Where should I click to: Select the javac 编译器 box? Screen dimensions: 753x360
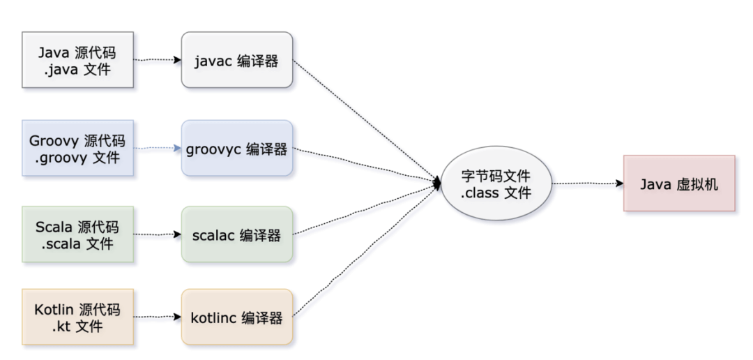click(236, 60)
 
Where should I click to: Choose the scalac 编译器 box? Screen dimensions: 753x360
click(236, 235)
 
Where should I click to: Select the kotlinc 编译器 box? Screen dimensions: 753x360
click(236, 317)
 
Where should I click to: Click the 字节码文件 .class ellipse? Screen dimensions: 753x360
click(496, 183)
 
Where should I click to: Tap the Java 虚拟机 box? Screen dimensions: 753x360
click(678, 183)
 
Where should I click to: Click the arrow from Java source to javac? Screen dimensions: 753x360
click(158, 60)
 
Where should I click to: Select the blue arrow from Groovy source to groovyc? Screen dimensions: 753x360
click(158, 148)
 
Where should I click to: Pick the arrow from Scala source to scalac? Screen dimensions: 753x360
click(158, 235)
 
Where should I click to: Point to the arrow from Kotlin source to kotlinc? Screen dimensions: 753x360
click(158, 317)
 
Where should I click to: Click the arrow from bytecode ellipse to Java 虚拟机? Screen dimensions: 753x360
click(587, 183)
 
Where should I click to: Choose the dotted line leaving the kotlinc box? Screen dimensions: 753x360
click(363, 251)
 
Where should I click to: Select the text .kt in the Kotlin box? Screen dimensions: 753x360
click(61, 326)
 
